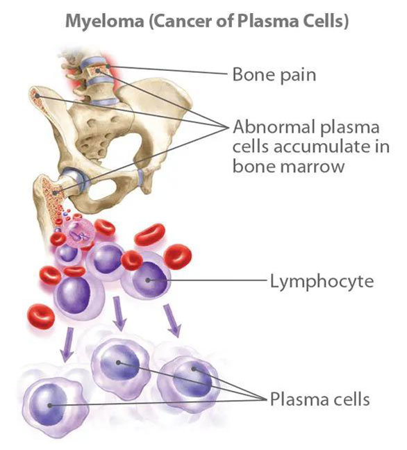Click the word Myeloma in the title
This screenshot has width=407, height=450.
104,22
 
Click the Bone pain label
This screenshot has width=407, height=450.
274,74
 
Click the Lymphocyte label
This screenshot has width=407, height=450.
322,281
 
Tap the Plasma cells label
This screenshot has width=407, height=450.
319,399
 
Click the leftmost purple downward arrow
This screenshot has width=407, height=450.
68,344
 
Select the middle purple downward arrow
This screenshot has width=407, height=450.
119,313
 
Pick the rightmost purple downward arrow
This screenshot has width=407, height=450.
172,320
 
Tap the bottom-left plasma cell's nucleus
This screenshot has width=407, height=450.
48,405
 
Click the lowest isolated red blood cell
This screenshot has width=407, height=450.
41,316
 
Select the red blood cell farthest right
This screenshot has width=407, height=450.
177,257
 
